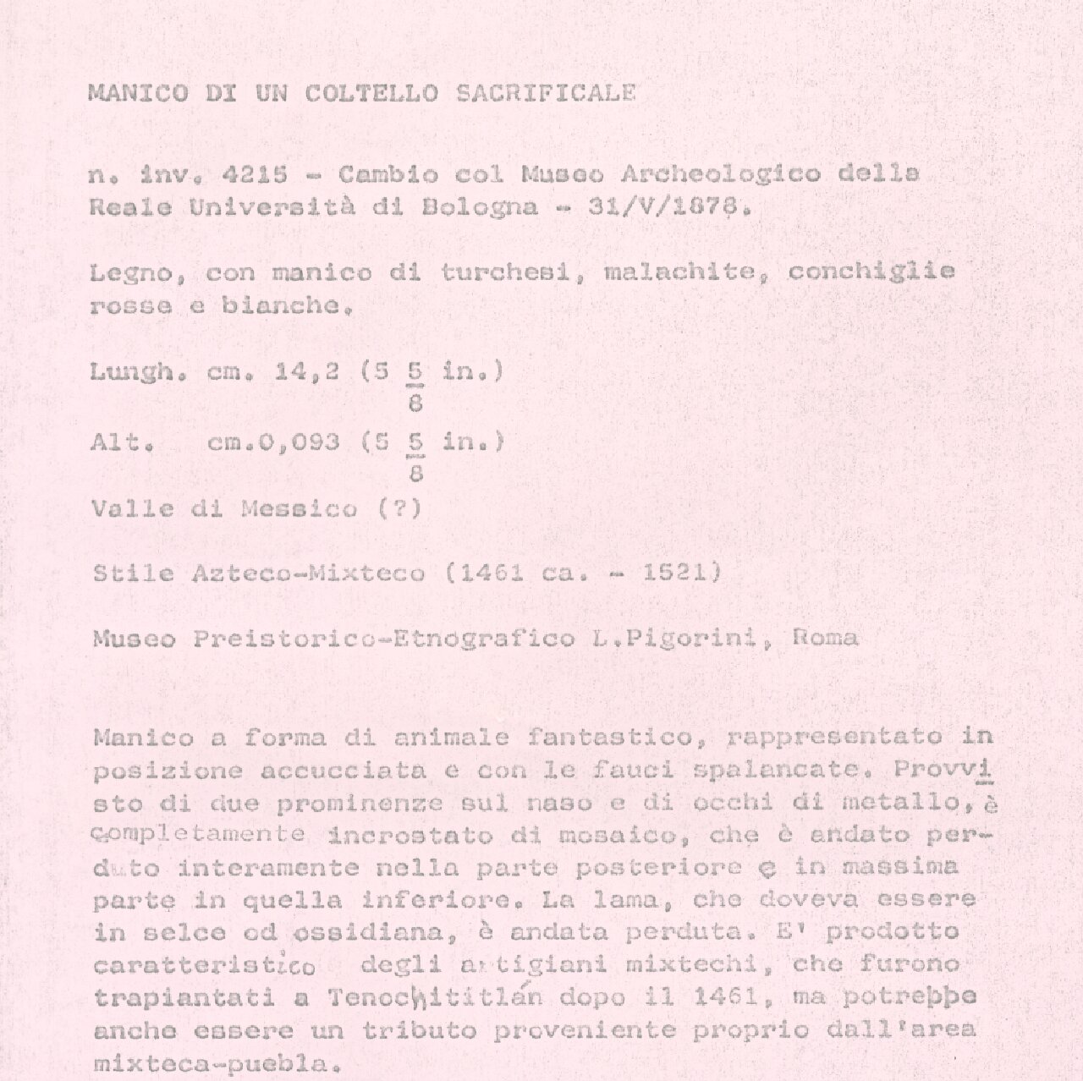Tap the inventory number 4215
(253, 175)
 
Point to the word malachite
(680, 272)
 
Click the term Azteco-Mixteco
(309, 573)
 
